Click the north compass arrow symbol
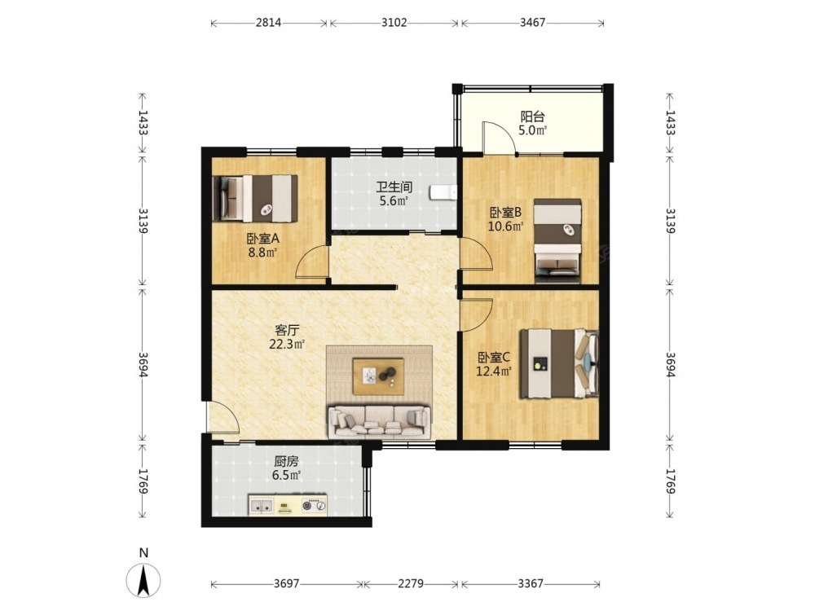pos(143,578)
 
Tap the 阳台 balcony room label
pos(533,116)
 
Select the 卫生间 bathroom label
pos(394,187)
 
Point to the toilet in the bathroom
pos(443,193)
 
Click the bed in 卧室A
pos(256,198)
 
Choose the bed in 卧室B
pos(557,240)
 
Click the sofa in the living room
pos(380,421)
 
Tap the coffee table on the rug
pos(378,376)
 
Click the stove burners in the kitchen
pos(315,504)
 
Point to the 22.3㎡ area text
pos(287,344)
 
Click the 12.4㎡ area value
pos(494,371)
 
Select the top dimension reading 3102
pos(394,22)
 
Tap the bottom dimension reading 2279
pos(411,583)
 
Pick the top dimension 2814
pos(268,22)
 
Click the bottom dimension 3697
pos(286,583)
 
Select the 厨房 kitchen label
pos(286,461)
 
